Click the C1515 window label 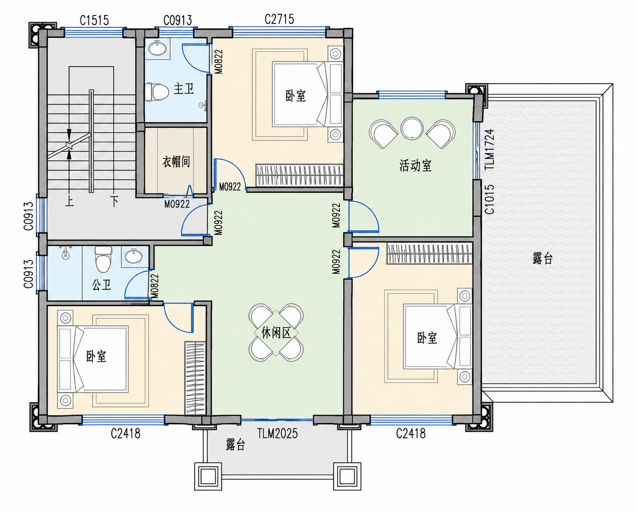click(x=94, y=20)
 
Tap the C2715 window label click(x=279, y=20)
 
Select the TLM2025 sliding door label click(x=277, y=434)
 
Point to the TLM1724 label click(x=490, y=149)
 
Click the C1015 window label click(x=490, y=199)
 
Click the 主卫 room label click(x=184, y=89)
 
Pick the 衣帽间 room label click(x=176, y=162)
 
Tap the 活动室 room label click(x=415, y=165)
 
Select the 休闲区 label click(x=276, y=333)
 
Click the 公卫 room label click(x=101, y=285)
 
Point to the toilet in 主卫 click(x=156, y=92)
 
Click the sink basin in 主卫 click(x=157, y=48)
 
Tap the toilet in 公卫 click(x=103, y=260)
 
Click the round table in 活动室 click(x=412, y=128)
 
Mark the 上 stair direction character click(x=69, y=201)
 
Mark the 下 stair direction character click(x=114, y=201)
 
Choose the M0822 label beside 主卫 click(x=219, y=61)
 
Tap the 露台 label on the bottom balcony click(x=235, y=444)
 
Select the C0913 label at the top click(x=178, y=20)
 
